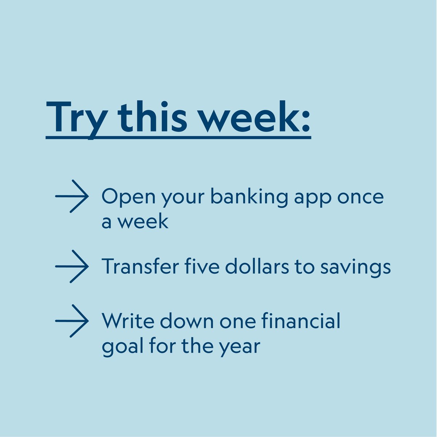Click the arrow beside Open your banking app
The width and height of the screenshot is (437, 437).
[x=72, y=196]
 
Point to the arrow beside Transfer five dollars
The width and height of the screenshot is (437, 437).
[x=72, y=267]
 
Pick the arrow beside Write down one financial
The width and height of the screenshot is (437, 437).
[x=72, y=321]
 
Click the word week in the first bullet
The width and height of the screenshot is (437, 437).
[x=143, y=221]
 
